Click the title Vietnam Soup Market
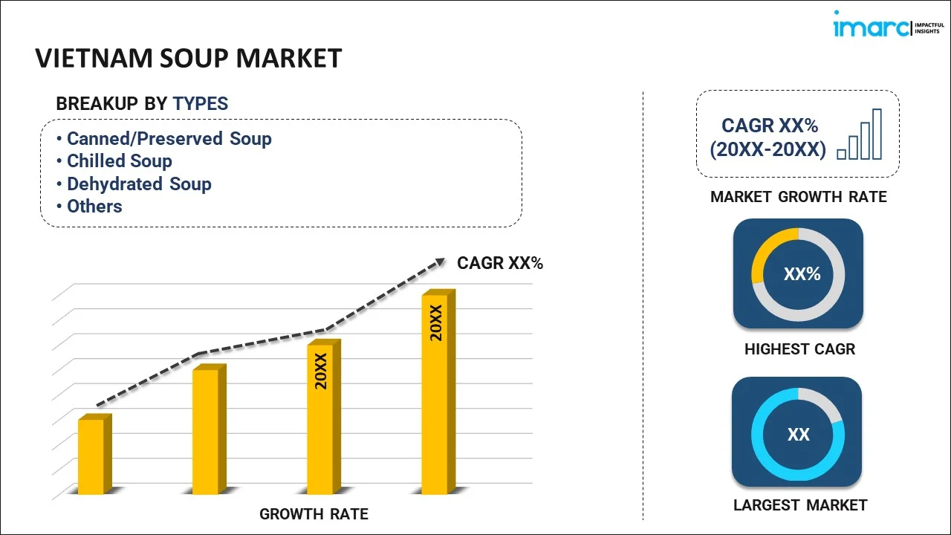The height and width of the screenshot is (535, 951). coord(189,58)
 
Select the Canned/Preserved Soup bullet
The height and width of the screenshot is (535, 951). coord(169,139)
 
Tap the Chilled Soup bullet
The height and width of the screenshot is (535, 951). coord(119,161)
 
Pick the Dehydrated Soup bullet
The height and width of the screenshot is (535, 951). coord(139,184)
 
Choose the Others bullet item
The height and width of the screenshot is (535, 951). coord(94,207)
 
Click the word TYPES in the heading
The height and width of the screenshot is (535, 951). coord(201,104)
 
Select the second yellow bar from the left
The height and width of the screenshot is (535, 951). coord(206,431)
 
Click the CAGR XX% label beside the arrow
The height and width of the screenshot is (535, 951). coord(499,263)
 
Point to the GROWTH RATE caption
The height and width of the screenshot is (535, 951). coord(314,513)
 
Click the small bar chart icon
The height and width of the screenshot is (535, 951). coord(860,134)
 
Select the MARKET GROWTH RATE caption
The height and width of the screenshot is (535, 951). coord(798,197)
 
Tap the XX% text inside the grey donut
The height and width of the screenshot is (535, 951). coord(802,274)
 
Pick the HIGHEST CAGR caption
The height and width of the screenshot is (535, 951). coord(799,349)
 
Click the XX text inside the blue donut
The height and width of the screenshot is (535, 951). coord(799,435)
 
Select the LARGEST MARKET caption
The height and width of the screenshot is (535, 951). coord(800,505)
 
